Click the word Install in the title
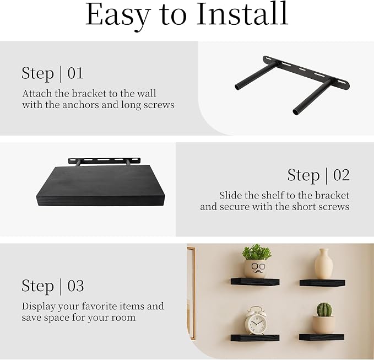[x=242, y=14]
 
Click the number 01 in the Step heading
[x=75, y=73]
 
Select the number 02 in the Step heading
[x=342, y=175]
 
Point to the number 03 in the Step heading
[x=75, y=286]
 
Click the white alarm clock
[x=256, y=320]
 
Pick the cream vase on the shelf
[x=323, y=264]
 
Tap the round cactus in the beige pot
[x=324, y=309]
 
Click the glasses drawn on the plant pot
[x=255, y=266]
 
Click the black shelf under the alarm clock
[x=254, y=337]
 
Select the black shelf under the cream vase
[x=322, y=283]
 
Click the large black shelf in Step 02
[x=100, y=186]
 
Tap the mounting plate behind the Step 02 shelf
[x=104, y=160]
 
